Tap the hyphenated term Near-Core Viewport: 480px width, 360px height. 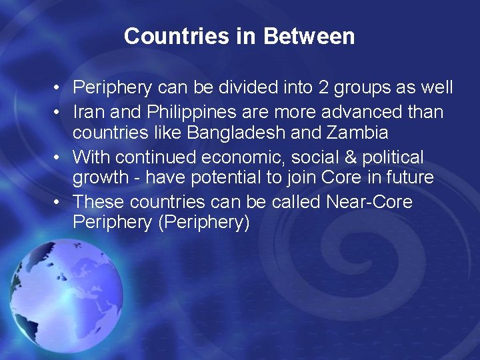[x=369, y=201]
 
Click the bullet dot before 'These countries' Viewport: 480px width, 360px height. [x=59, y=202]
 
